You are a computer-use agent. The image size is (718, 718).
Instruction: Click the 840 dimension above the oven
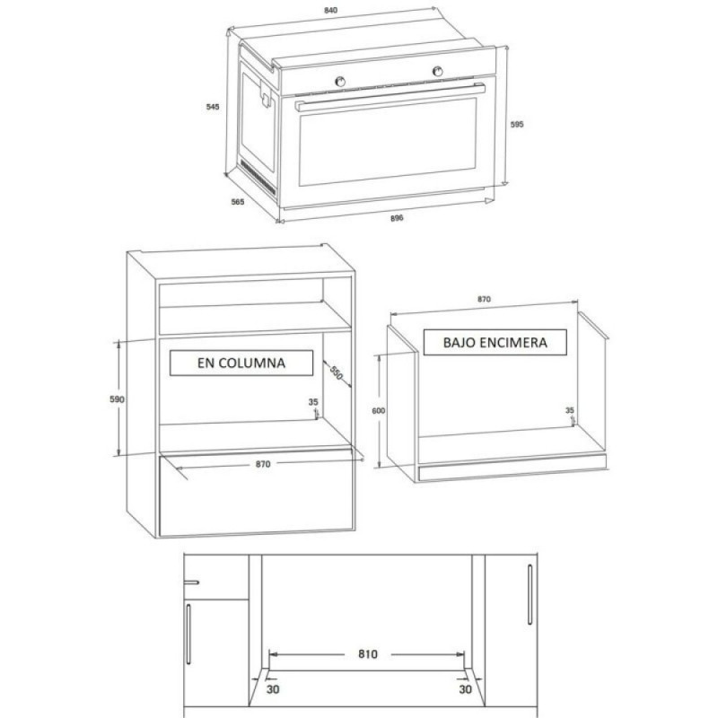pyautogui.click(x=330, y=10)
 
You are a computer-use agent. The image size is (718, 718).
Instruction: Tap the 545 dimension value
pyautogui.click(x=213, y=107)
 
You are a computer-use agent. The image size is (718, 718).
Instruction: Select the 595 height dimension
pyautogui.click(x=517, y=124)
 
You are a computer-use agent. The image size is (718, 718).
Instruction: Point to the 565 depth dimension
pyautogui.click(x=237, y=201)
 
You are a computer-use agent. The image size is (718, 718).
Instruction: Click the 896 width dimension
pyautogui.click(x=397, y=218)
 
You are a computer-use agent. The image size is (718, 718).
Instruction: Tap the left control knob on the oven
pyautogui.click(x=340, y=82)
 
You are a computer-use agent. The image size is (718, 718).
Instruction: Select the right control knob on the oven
pyautogui.click(x=438, y=71)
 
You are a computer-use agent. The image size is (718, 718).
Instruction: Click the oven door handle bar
pyautogui.click(x=390, y=97)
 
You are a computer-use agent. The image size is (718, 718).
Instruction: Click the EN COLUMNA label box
pyautogui.click(x=241, y=363)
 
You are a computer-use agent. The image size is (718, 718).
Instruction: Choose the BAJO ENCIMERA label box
pyautogui.click(x=495, y=342)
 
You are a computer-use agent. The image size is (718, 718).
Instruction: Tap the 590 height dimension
pyautogui.click(x=117, y=399)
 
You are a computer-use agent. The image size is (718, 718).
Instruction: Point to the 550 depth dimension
pyautogui.click(x=337, y=373)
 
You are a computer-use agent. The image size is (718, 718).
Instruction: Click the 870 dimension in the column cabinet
pyautogui.click(x=263, y=464)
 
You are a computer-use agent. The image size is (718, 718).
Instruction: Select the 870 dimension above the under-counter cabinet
pyautogui.click(x=484, y=299)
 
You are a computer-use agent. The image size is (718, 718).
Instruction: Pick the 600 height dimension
pyautogui.click(x=378, y=411)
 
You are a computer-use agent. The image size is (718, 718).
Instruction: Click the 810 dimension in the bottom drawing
pyautogui.click(x=368, y=654)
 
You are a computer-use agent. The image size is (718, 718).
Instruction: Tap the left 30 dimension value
pyautogui.click(x=273, y=688)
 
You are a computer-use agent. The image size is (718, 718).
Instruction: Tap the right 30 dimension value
pyautogui.click(x=465, y=688)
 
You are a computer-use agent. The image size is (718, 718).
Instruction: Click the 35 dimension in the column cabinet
pyautogui.click(x=313, y=402)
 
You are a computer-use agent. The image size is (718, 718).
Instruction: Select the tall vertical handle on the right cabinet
pyautogui.click(x=530, y=594)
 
